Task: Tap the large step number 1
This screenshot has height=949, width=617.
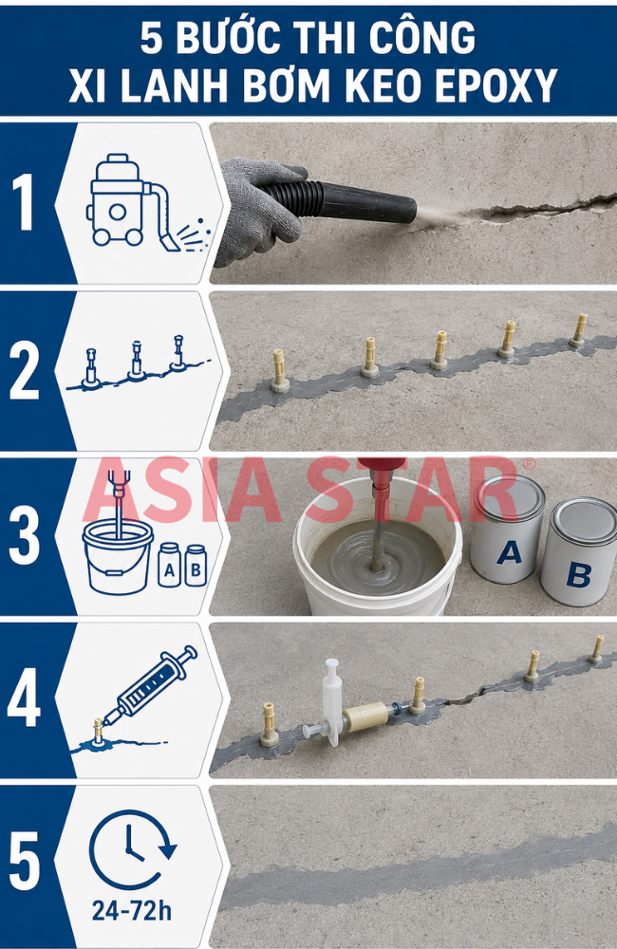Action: [24, 202]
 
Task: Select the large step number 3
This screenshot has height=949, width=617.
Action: [25, 536]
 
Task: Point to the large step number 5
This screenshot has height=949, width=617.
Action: [25, 862]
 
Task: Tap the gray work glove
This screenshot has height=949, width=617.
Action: [257, 210]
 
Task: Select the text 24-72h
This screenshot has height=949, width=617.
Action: [131, 910]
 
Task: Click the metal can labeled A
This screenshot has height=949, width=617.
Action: [508, 529]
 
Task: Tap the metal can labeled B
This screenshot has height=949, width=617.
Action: [579, 551]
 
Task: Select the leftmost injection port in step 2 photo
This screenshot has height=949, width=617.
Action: [279, 371]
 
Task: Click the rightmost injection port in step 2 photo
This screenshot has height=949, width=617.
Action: [579, 330]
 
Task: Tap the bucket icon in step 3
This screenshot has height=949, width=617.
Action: [118, 555]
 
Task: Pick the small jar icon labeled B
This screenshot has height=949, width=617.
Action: [196, 566]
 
